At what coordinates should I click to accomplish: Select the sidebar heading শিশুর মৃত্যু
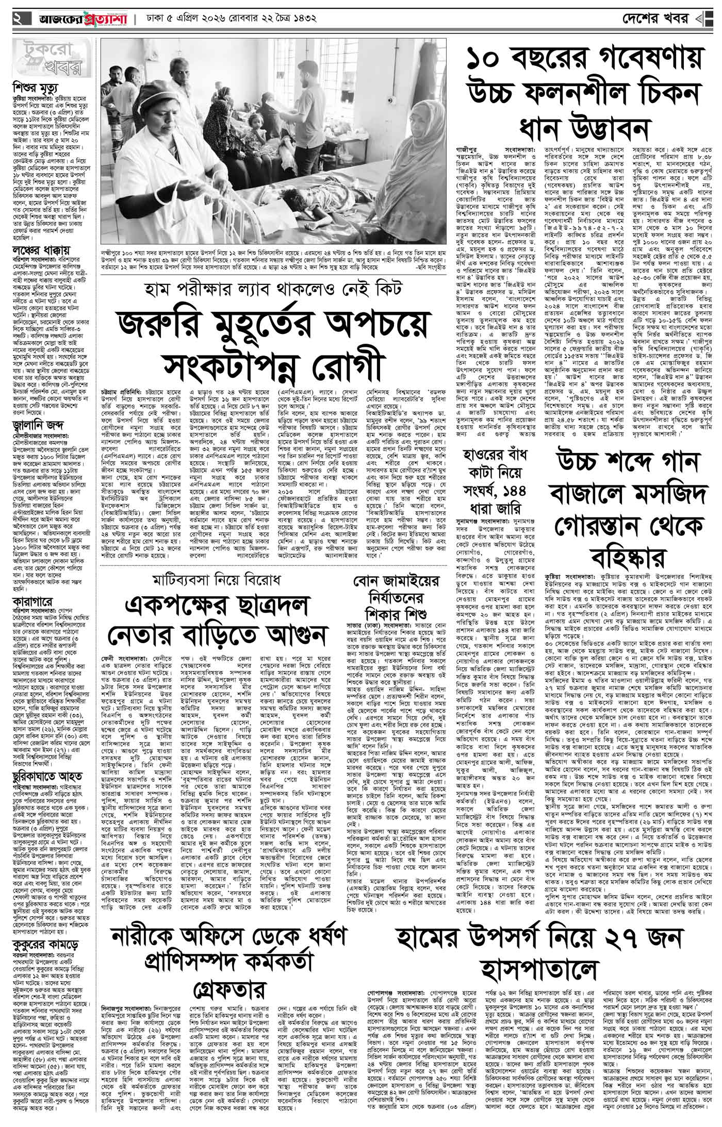[36, 85]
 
